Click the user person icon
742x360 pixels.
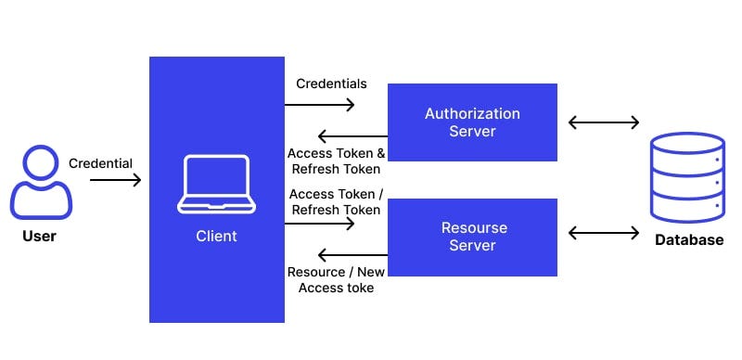41,184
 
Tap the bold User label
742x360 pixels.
39,237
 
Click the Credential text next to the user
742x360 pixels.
100,163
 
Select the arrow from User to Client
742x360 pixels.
115,180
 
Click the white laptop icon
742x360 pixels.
216,185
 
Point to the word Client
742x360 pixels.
216,237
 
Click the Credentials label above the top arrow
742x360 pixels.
331,84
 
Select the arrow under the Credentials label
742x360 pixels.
320,105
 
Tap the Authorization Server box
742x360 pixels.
472,122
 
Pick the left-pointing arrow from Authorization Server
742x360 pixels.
352,135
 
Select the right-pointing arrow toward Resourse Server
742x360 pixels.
320,224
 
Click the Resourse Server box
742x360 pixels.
472,237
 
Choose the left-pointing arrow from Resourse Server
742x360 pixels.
352,254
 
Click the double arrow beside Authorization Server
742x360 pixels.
604,122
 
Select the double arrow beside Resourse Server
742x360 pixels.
604,232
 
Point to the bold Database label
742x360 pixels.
688,240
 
